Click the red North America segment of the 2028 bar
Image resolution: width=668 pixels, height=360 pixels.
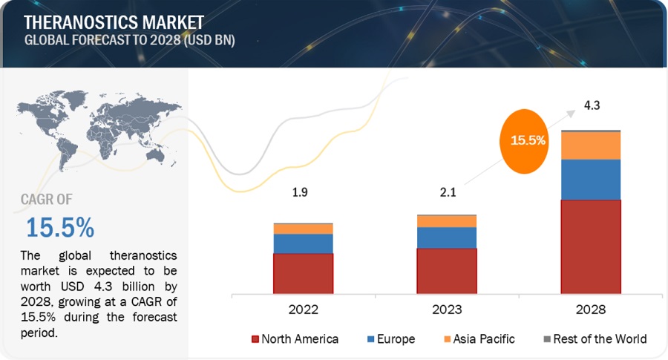click(590, 246)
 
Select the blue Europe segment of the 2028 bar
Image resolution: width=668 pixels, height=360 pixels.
click(590, 179)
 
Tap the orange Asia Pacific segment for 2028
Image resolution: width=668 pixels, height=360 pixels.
click(590, 145)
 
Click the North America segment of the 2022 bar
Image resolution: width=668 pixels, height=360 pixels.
click(303, 273)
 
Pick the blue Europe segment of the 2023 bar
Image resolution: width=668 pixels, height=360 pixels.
click(446, 238)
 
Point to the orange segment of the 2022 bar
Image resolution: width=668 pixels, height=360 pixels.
click(303, 229)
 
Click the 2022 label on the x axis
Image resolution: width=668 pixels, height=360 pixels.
click(304, 309)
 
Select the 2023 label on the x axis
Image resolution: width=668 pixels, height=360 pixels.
click(447, 309)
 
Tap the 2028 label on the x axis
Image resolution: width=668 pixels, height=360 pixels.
click(590, 309)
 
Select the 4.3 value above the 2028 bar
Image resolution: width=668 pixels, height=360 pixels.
click(592, 105)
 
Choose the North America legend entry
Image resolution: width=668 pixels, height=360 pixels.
click(295, 339)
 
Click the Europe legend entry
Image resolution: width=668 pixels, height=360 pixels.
click(392, 339)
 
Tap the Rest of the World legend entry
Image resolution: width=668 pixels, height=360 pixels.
click(594, 339)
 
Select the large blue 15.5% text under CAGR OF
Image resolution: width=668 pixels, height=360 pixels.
click(60, 226)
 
